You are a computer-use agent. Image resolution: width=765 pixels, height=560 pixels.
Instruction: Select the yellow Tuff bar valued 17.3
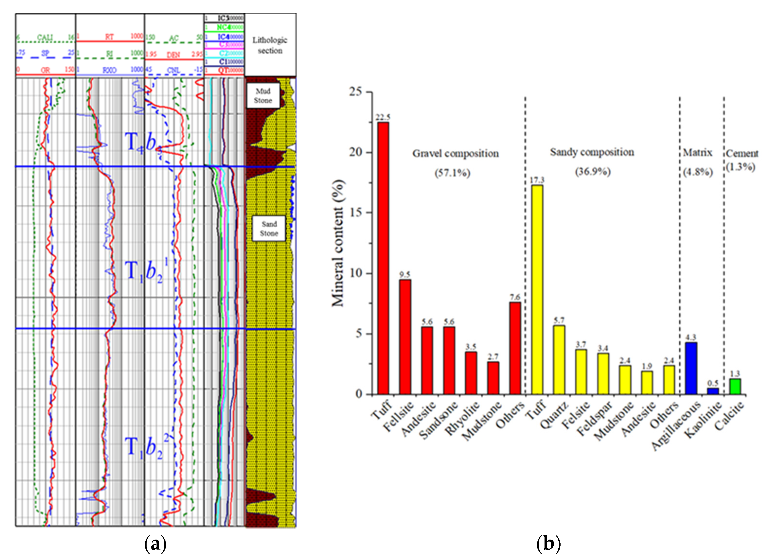coord(537,289)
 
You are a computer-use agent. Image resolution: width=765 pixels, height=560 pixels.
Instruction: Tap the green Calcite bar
coord(735,386)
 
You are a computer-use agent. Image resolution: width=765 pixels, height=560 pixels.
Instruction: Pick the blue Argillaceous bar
coord(691,368)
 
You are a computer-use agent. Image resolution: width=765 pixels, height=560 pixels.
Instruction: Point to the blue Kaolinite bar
coord(713,391)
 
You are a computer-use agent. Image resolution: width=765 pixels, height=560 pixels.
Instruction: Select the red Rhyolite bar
coord(471,373)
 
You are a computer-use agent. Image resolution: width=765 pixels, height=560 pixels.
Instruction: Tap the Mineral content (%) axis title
coord(338,243)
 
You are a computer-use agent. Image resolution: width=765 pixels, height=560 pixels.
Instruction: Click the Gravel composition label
coord(455,154)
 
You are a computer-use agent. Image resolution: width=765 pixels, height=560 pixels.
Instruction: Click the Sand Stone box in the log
coord(269,228)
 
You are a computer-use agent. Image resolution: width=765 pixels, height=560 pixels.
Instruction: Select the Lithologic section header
coord(270,45)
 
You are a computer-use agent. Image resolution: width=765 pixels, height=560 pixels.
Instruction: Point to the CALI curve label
coord(45,37)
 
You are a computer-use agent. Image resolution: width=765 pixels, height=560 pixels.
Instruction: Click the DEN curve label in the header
coord(173,55)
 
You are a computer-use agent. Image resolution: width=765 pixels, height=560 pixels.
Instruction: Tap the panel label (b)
coord(548,544)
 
